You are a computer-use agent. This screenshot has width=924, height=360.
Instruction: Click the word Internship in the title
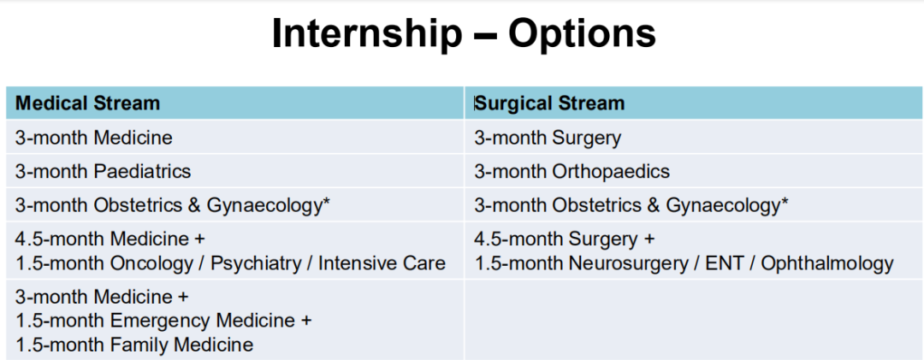pyautogui.click(x=366, y=33)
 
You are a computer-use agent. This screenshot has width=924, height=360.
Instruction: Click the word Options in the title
pyautogui.click(x=582, y=33)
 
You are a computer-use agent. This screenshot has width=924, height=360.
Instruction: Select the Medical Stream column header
pyautogui.click(x=88, y=103)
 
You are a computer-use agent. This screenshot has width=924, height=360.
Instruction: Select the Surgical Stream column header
pyautogui.click(x=549, y=103)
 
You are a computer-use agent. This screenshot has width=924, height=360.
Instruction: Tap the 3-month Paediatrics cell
pyautogui.click(x=104, y=171)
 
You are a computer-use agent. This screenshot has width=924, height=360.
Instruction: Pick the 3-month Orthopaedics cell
pyautogui.click(x=572, y=171)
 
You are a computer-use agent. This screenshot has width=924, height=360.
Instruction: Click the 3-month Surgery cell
pyautogui.click(x=548, y=138)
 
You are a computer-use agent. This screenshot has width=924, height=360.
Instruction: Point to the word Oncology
pyautogui.click(x=151, y=263)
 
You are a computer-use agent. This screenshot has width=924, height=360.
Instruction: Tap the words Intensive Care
pyautogui.click(x=382, y=263)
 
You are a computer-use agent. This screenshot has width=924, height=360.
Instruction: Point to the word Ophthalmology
pyautogui.click(x=827, y=263)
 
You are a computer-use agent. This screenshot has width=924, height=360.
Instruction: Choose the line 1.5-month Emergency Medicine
pyautogui.click(x=163, y=321)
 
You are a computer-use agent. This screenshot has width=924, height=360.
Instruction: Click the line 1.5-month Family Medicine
pyautogui.click(x=134, y=344)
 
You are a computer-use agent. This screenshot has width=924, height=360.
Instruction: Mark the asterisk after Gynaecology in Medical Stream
pyautogui.click(x=326, y=201)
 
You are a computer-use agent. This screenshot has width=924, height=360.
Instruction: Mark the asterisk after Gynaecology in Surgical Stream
pyautogui.click(x=785, y=201)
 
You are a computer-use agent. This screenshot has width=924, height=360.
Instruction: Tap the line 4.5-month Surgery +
pyautogui.click(x=565, y=239)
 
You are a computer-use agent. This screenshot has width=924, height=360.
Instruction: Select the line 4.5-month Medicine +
pyautogui.click(x=110, y=239)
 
